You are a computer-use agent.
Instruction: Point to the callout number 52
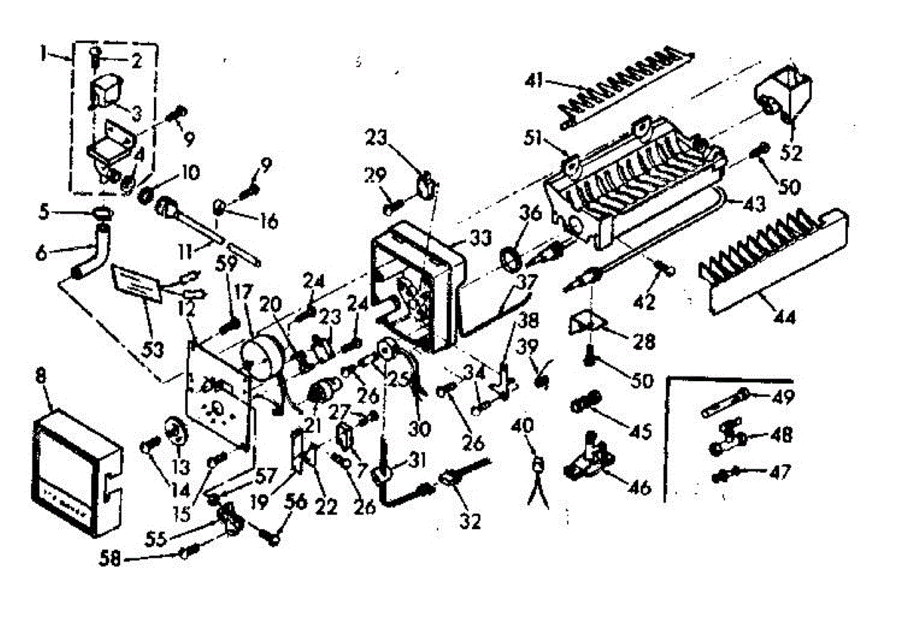792,153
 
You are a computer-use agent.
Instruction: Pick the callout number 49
778,395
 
